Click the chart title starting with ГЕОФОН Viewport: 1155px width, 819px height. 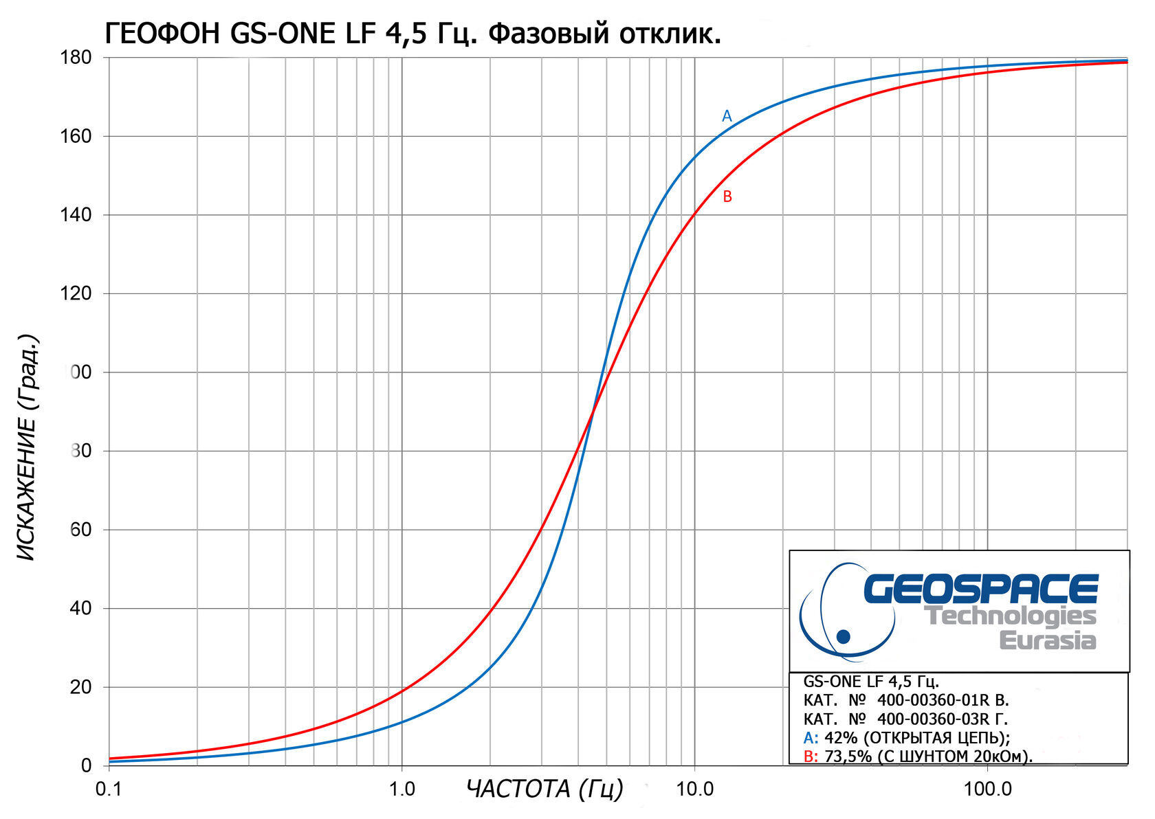412,32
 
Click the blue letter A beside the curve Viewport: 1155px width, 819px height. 727,116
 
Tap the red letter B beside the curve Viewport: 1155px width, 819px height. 727,197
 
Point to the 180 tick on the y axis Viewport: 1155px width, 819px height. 76,58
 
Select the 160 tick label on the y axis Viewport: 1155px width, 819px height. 76,137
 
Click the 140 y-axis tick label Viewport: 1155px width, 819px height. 76,215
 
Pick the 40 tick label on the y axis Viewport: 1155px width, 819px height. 80,609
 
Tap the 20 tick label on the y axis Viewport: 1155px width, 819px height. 80,687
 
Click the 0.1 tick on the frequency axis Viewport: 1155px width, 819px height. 109,789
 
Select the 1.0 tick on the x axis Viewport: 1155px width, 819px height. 402,789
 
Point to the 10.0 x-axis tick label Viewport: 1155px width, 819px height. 695,789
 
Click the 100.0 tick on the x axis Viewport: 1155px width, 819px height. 987,789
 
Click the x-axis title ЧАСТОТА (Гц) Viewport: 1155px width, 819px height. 544,789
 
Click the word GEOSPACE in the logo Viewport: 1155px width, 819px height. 980,589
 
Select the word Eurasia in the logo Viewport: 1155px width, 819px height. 1047,640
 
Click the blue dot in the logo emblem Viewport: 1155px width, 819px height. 843,636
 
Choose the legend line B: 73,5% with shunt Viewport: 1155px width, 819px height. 917,756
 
